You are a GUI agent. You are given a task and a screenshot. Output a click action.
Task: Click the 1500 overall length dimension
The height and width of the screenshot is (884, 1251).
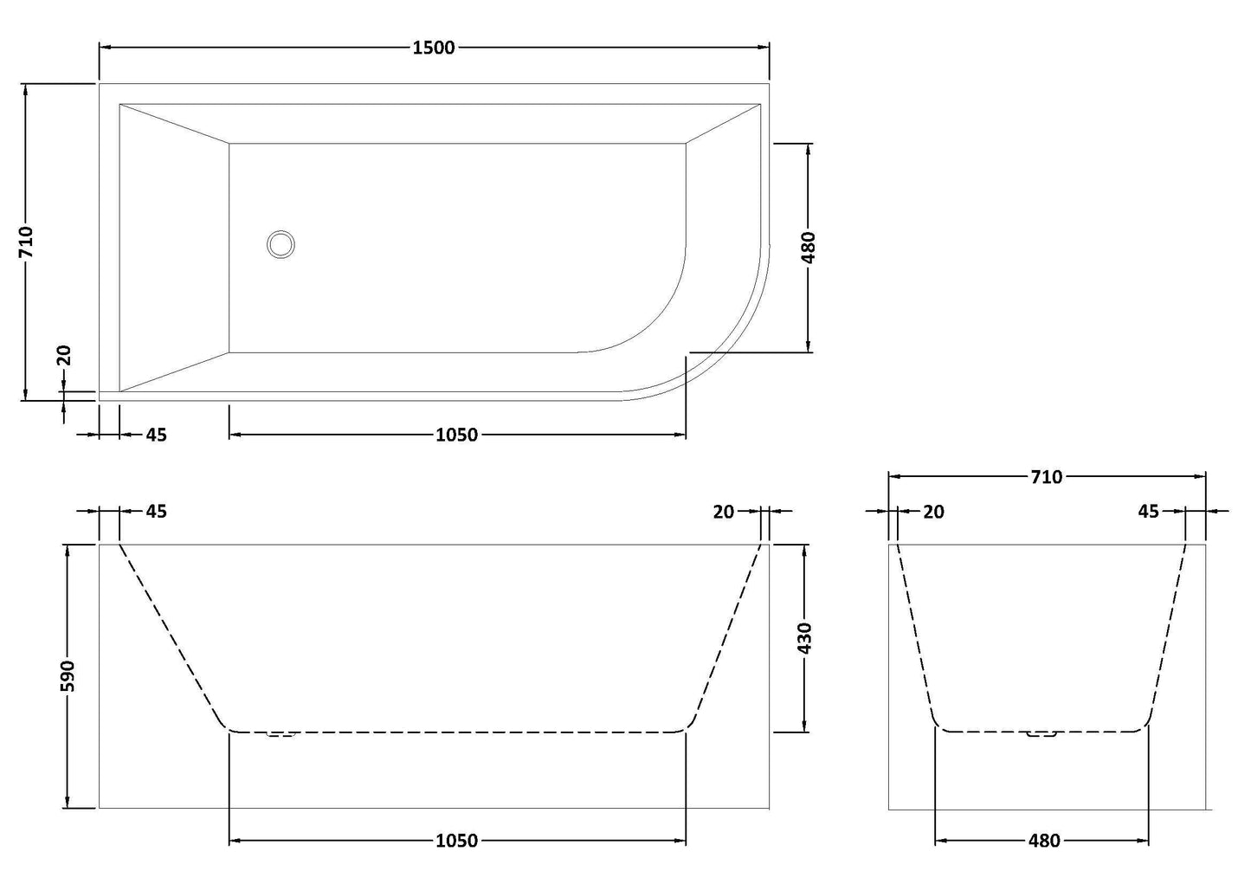pos(434,48)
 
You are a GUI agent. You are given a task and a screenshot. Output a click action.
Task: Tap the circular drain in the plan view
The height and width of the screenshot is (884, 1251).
pos(281,244)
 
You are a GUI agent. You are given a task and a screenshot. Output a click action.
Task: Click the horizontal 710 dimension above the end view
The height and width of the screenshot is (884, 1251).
pos(1046,476)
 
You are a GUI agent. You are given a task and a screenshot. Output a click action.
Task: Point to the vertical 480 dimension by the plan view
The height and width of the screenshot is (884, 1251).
pos(809,248)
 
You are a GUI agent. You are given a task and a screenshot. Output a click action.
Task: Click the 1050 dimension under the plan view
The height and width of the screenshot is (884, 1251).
pos(456,435)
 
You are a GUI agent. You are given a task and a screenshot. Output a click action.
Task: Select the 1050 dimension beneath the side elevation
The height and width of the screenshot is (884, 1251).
pos(456,840)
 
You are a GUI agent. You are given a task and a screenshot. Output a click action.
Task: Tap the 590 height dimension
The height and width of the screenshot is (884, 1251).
pos(68,675)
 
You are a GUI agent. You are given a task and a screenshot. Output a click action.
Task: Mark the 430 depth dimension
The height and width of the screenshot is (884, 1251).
pos(805,638)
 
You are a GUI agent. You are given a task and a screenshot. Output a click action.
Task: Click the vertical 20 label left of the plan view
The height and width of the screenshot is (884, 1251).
pos(64,356)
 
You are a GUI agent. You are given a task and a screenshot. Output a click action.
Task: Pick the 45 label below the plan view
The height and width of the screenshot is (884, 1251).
pos(156,435)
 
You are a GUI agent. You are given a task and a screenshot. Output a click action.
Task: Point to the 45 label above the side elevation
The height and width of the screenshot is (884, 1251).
pos(156,512)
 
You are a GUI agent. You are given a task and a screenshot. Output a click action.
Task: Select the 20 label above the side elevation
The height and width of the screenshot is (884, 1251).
pos(724,512)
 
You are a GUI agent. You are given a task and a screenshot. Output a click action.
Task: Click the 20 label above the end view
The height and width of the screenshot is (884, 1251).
pos(933,512)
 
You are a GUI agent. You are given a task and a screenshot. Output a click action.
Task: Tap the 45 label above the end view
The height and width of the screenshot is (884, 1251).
pos(1148,512)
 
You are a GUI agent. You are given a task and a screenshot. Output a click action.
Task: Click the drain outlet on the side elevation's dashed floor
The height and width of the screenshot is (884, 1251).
pos(281,735)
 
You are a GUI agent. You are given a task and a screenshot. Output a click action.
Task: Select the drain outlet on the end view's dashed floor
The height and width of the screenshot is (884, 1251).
pos(1042,735)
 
